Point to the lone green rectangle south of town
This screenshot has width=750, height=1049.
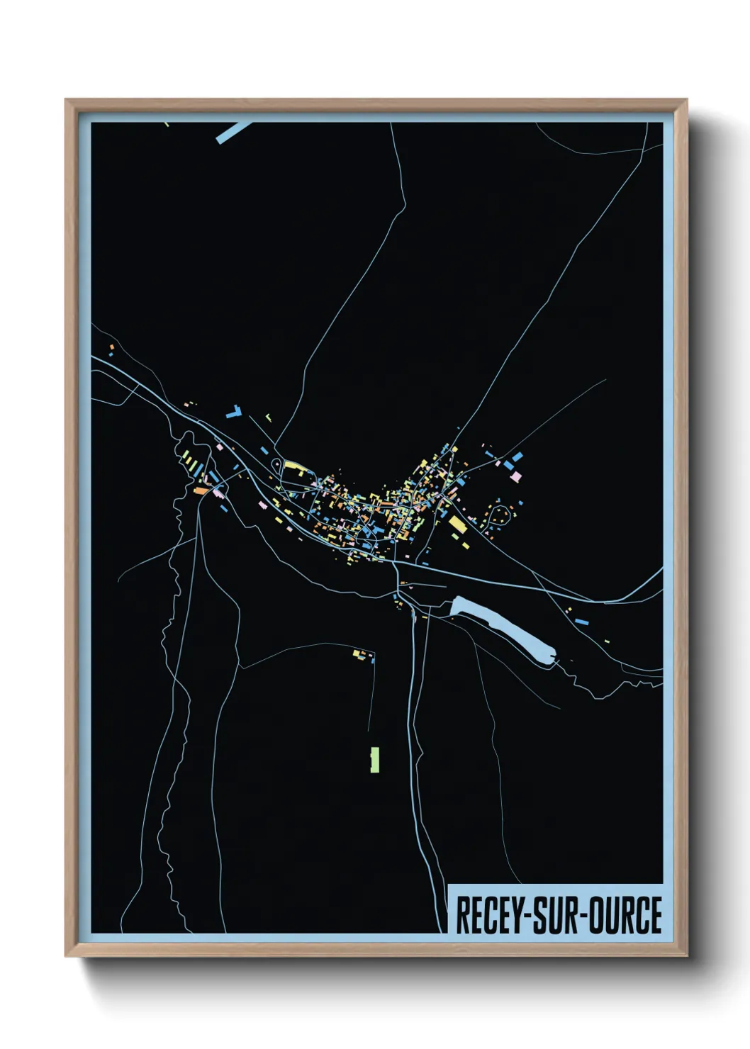374,759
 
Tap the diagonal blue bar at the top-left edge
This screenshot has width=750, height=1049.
233,132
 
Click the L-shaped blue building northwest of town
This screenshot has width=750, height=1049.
235,410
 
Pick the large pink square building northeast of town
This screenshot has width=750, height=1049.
517,475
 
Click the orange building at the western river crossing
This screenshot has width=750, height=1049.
201,490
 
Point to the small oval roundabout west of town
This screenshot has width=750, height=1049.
274,464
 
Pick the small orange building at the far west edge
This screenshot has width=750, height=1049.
111,347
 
